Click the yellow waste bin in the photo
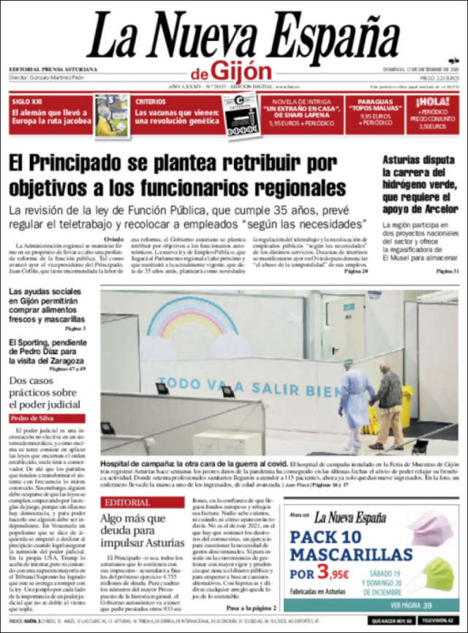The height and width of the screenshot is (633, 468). (405, 406)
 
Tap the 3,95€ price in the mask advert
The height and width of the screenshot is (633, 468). (333, 574)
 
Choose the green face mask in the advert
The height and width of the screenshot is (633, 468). (437, 576)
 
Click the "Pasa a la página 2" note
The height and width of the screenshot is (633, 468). (251, 608)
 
